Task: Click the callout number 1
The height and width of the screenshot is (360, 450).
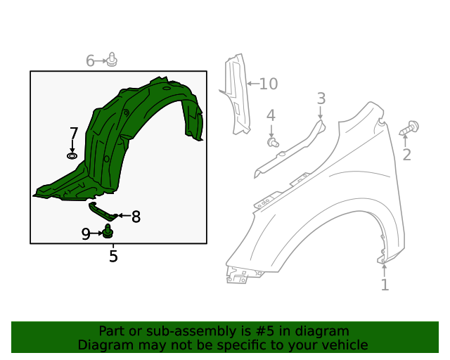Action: coord(385,285)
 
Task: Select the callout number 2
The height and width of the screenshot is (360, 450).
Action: coord(407,155)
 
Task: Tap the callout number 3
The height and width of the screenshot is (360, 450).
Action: coord(321,98)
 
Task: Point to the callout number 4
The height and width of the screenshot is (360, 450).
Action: coord(271,115)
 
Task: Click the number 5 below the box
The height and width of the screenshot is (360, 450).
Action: coord(113,257)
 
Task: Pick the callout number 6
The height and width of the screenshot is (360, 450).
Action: coord(90,61)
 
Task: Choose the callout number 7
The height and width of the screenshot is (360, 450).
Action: coord(74,133)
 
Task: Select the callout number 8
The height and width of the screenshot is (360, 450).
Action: coord(136,217)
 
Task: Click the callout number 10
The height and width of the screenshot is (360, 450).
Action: coord(269,84)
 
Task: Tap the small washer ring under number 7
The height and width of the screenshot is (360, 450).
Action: coord(72,155)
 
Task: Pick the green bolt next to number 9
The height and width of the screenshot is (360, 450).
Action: coord(108,231)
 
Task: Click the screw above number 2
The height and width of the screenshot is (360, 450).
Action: coord(410,129)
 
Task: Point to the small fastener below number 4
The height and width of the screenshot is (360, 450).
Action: coord(273,143)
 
